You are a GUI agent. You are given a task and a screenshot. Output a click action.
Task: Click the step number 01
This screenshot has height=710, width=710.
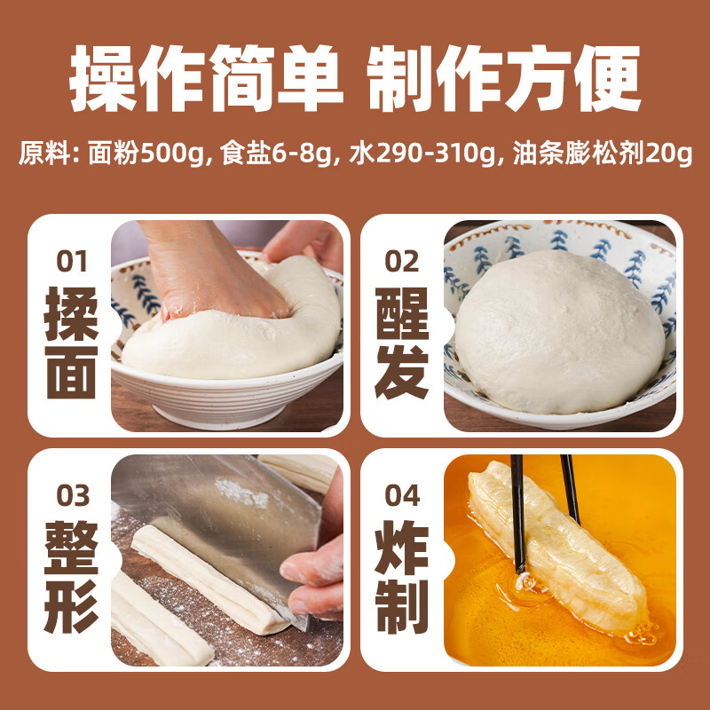pyautogui.click(x=72, y=262)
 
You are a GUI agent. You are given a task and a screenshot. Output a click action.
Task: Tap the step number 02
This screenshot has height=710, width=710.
pyautogui.click(x=402, y=262)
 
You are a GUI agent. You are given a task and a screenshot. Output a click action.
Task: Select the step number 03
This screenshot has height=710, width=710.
pyautogui.click(x=73, y=494)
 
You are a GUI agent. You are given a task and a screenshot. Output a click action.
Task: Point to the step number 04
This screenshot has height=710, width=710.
pyautogui.click(x=403, y=494)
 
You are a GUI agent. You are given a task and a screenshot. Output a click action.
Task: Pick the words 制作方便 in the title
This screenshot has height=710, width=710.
pyautogui.click(x=502, y=82)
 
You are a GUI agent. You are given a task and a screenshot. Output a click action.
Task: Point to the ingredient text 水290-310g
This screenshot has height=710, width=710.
pyautogui.click(x=422, y=154)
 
